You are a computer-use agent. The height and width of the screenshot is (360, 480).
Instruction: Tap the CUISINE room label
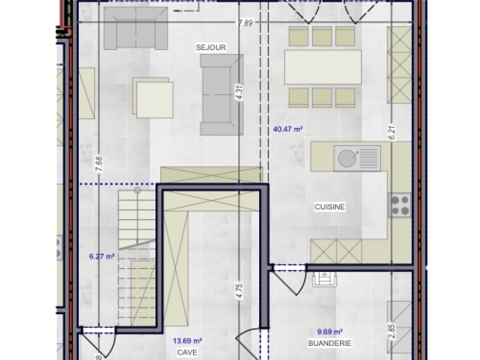click(x=330, y=206)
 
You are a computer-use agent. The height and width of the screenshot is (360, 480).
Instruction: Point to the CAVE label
click(x=187, y=352)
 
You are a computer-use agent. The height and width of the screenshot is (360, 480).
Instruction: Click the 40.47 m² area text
click(x=287, y=130)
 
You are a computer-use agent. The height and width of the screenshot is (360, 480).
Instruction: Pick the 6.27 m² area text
click(x=102, y=256)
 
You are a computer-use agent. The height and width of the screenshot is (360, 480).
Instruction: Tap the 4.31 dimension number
click(x=240, y=94)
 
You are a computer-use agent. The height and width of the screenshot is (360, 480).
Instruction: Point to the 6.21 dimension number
click(x=392, y=133)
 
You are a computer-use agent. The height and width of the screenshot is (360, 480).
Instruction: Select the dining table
click(x=323, y=67)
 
